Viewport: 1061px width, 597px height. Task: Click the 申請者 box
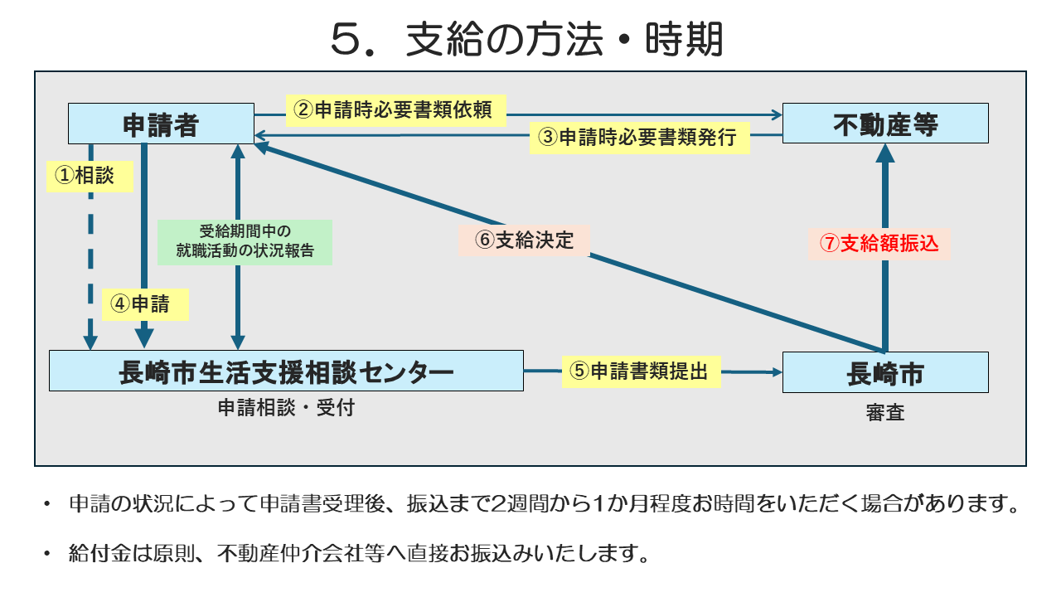161,124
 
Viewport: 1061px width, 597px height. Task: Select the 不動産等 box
885,124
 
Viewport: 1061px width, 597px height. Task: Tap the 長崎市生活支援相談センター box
286,371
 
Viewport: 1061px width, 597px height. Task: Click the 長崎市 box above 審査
885,372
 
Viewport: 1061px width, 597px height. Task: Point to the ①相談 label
90,176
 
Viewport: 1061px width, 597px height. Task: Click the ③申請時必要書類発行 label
640,137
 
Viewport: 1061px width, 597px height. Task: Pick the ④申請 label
145,304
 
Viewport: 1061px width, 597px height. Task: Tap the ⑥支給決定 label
524,240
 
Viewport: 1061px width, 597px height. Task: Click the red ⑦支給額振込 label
879,244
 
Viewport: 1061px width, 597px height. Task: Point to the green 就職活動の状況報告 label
245,242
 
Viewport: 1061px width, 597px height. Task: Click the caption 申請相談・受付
286,408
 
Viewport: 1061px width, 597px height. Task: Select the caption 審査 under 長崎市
885,412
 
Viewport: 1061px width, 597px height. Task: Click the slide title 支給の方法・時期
564,40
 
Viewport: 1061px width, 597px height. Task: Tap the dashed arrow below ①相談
91,274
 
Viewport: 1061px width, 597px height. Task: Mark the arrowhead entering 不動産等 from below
885,153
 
